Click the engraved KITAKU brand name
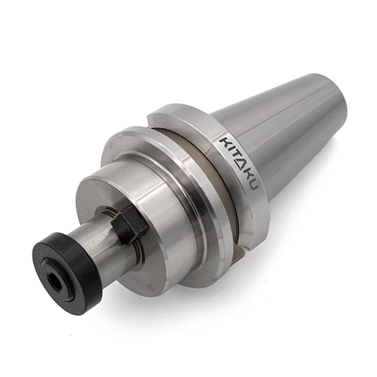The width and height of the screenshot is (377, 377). click(238, 163)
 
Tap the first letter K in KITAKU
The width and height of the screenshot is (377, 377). click(225, 142)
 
